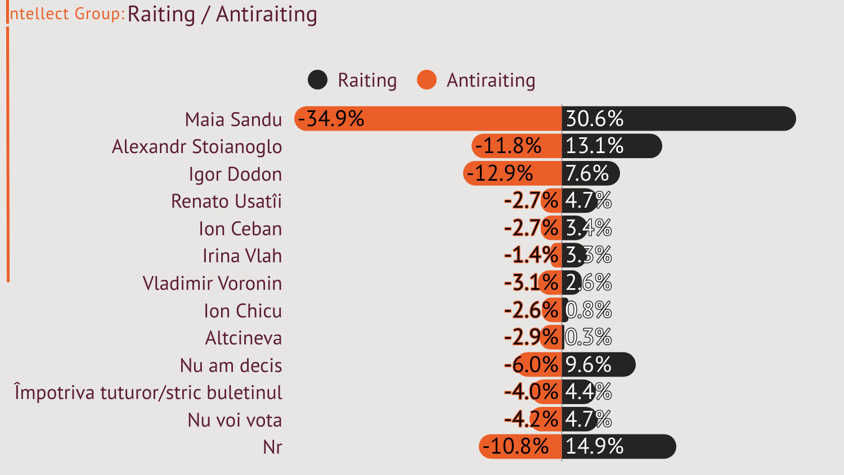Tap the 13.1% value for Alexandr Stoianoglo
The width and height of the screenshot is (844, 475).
[x=594, y=146]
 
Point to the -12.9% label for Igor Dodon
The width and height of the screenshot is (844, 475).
[x=500, y=173]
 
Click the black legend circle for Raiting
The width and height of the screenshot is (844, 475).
[x=317, y=80]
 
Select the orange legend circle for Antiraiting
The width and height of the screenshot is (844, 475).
[x=427, y=80]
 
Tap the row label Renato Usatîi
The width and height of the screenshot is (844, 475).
[x=226, y=201]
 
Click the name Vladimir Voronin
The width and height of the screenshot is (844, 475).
[x=212, y=283]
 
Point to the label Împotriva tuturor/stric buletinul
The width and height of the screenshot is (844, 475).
[x=149, y=392]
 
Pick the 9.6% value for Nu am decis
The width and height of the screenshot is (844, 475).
[x=588, y=365]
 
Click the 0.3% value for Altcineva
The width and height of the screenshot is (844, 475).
[x=588, y=338]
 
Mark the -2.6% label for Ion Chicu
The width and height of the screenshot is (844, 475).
[x=531, y=310]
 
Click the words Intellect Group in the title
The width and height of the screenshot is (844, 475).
[x=66, y=14]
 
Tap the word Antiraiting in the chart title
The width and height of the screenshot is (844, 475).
[x=266, y=14]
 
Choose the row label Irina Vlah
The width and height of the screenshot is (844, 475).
[x=242, y=256]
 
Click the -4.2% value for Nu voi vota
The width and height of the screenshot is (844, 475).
[x=531, y=419]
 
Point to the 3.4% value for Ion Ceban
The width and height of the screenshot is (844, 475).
[x=588, y=228]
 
